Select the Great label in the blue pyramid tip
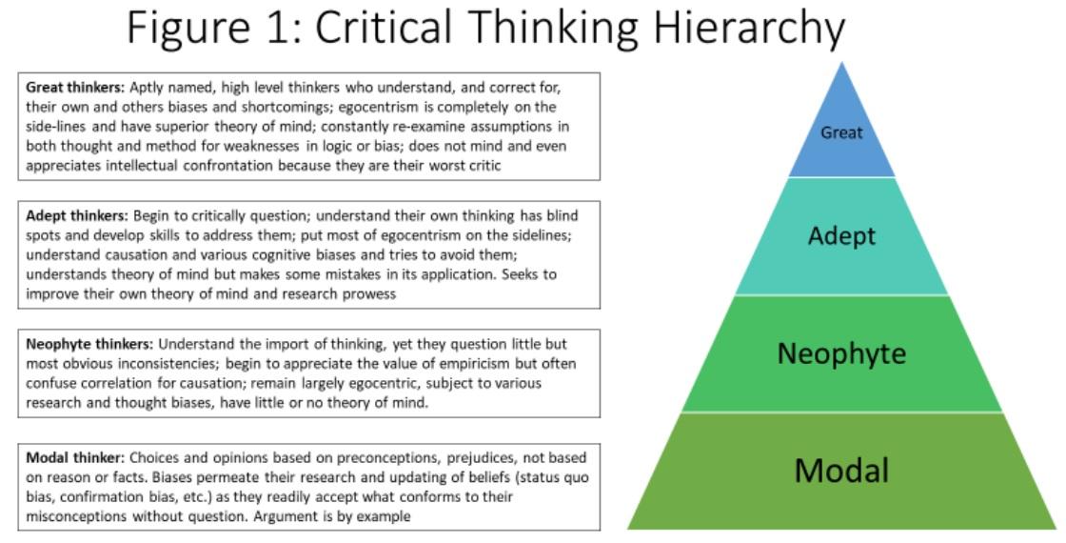pyautogui.click(x=841, y=132)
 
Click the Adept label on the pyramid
pyautogui.click(x=841, y=234)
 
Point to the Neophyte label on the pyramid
pyautogui.click(x=841, y=353)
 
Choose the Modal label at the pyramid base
pyautogui.click(x=841, y=470)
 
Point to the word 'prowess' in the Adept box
pyautogui.click(x=365, y=293)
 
